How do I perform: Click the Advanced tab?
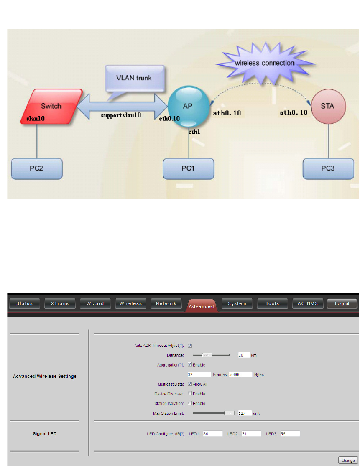201,306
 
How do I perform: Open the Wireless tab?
131,303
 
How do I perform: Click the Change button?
348,460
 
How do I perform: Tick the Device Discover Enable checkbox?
190,394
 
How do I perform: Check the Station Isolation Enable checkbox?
190,403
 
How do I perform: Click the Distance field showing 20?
243,343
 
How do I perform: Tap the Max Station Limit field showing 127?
245,413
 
